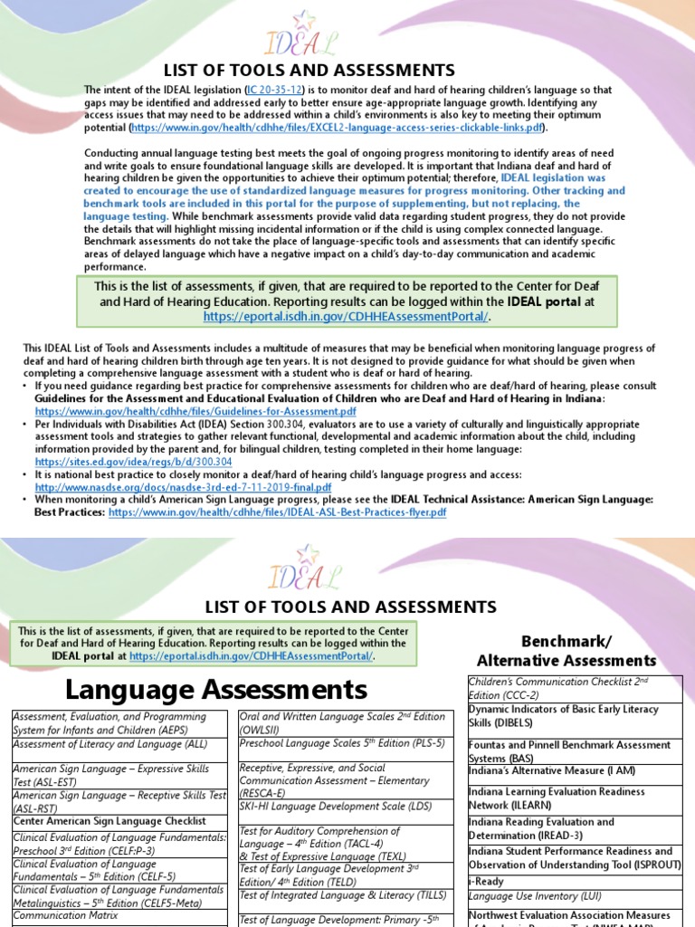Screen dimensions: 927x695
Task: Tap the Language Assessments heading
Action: point(216,691)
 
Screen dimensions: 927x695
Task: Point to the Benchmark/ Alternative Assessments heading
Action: point(566,650)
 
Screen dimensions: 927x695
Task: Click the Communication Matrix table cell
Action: point(54,914)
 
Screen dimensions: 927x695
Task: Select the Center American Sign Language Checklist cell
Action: point(104,820)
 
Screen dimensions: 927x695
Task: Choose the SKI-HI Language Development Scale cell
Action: point(323,806)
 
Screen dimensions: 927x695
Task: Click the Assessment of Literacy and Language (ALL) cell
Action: point(109,743)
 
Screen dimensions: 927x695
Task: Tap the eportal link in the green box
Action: point(347,316)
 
